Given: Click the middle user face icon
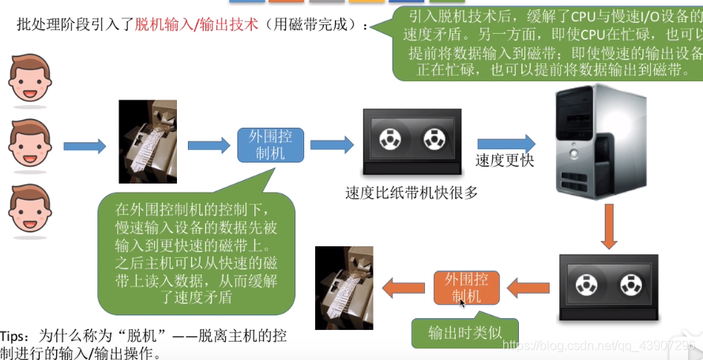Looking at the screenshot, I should coord(30,144).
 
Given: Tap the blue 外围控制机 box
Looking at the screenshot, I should coord(270,144).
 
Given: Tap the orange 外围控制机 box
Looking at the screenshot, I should coord(466,288).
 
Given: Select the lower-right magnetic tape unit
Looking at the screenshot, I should coord(608,286).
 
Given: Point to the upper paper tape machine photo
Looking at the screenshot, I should coord(148,141).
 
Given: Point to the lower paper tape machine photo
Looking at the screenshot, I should coord(344,287).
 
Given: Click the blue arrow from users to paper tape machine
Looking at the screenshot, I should coord(85,146).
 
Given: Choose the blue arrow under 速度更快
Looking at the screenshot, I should coord(506,143).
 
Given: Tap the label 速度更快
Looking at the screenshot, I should coord(505,161).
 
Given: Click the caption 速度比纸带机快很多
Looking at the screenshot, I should coord(412,192).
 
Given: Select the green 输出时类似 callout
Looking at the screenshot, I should coord(464,332).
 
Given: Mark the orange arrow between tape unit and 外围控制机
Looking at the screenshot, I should coord(528,287).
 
